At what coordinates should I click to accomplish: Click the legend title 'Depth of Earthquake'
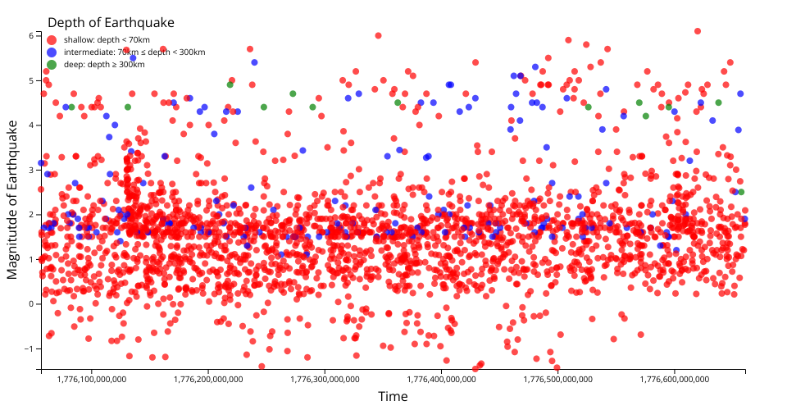point(111,22)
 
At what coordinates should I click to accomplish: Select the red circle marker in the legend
point(52,39)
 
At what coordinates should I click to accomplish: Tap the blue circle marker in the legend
point(52,52)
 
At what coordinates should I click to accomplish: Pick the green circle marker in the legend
point(52,64)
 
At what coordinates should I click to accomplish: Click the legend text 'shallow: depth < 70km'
point(107,39)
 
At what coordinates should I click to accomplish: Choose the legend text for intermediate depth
point(134,52)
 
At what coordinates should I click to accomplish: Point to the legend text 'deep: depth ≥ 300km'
point(104,64)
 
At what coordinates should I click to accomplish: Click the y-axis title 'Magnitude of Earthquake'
point(13,199)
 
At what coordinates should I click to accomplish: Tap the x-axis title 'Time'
point(392,397)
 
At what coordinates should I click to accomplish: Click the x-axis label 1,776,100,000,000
point(92,379)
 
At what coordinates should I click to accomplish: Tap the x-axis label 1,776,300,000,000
point(325,379)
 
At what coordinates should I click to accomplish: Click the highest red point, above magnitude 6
point(698,31)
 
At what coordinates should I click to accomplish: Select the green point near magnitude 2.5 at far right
point(741,192)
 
